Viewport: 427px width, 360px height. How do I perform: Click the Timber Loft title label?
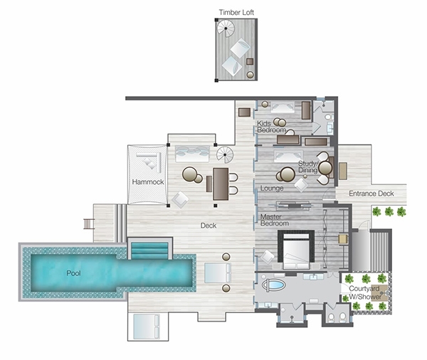pyautogui.click(x=236, y=12)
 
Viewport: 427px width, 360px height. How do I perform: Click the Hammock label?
pyautogui.click(x=148, y=182)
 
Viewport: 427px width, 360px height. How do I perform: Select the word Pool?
pyautogui.click(x=73, y=273)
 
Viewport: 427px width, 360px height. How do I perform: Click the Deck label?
pyautogui.click(x=209, y=226)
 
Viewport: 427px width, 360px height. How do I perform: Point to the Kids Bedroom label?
pyautogui.click(x=271, y=127)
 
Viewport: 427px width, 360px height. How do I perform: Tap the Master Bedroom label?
pyautogui.click(x=275, y=220)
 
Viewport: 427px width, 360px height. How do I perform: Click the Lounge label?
pyautogui.click(x=272, y=188)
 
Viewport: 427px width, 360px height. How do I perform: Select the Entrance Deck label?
pyautogui.click(x=371, y=194)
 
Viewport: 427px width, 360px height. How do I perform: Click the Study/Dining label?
pyautogui.click(x=308, y=167)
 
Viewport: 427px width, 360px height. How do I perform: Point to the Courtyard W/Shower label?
pyautogui.click(x=365, y=292)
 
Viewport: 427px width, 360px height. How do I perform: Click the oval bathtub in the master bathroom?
pyautogui.click(x=273, y=285)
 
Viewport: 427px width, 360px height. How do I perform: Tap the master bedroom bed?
pyautogui.click(x=296, y=250)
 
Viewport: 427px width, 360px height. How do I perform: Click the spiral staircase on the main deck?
pyautogui.click(x=225, y=154)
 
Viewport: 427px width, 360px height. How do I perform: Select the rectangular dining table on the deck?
pyautogui.click(x=221, y=184)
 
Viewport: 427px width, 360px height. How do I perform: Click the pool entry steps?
pyautogui.click(x=149, y=250)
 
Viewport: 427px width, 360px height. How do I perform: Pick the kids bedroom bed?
pyautogui.click(x=283, y=107)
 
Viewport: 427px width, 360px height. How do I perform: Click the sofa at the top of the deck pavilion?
pyautogui.click(x=193, y=154)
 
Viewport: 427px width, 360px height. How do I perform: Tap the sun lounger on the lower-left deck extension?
pyautogui.click(x=147, y=327)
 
